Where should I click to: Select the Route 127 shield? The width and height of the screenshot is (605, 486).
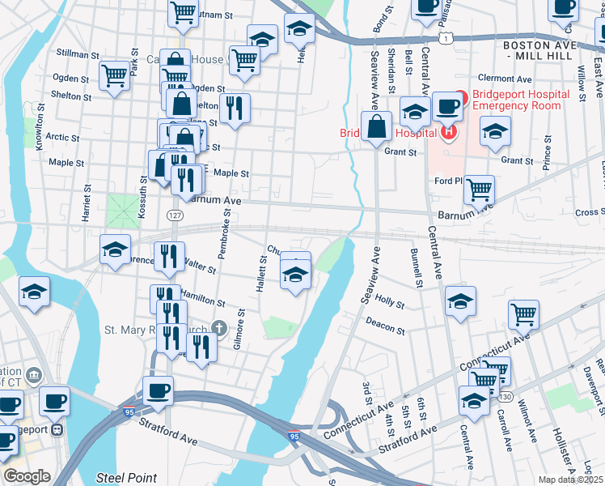(174, 215)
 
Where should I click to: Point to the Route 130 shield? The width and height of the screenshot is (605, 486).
(506, 396)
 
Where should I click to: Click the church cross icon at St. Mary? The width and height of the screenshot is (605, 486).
(217, 328)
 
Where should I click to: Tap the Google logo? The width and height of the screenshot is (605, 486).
(27, 476)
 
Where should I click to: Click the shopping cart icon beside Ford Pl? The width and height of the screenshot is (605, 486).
(479, 190)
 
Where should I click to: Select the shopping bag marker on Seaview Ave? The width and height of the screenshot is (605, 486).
(376, 127)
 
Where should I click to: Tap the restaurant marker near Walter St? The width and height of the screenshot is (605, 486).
(169, 256)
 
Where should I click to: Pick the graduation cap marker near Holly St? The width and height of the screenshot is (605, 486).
(460, 301)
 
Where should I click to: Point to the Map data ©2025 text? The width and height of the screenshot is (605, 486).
(571, 480)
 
